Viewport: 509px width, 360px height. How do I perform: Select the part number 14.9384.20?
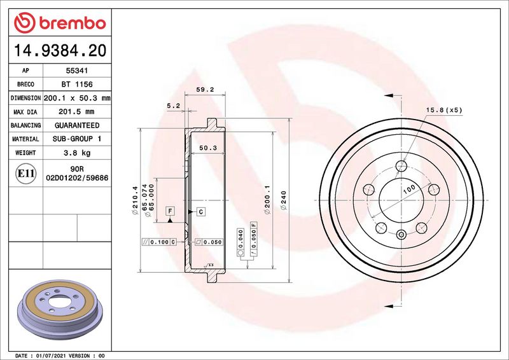(x=59, y=49)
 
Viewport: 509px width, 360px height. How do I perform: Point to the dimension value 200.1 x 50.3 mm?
(x=77, y=98)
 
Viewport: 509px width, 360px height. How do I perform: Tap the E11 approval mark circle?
(x=25, y=174)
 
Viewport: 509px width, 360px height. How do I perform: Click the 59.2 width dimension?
(x=204, y=90)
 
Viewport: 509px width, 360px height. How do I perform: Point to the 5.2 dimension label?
(x=173, y=106)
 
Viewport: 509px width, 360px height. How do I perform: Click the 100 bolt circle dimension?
(x=408, y=189)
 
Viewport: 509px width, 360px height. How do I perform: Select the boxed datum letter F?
(x=170, y=211)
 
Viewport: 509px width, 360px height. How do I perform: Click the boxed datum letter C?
(x=200, y=211)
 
